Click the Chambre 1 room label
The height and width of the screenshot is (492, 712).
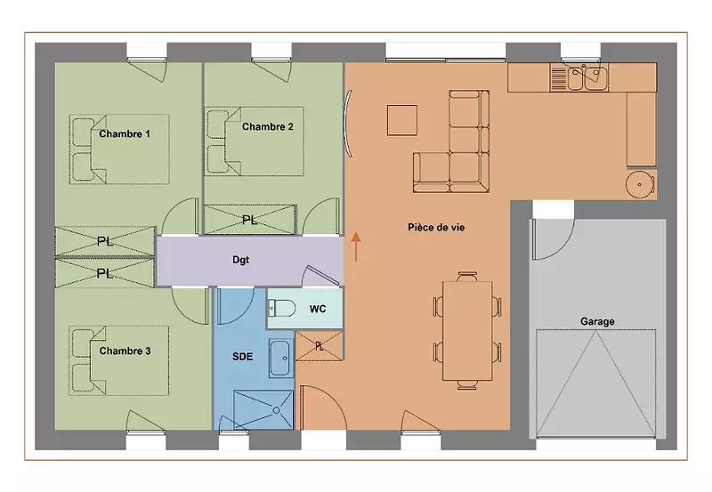125,133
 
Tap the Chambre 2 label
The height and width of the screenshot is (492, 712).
268,126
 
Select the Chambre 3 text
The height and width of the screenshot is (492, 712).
125,351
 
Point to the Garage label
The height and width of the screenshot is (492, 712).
597,321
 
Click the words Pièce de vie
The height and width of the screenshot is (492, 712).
436,228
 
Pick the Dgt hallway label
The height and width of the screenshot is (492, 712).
240,260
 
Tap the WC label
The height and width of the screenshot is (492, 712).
318,309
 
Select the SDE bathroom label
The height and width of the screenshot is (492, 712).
242,357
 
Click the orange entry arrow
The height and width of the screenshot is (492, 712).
356,247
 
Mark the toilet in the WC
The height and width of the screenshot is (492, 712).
281,309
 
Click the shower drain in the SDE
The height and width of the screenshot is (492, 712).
277,410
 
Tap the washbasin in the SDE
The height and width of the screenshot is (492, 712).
279,358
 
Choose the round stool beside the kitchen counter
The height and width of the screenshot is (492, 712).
640,185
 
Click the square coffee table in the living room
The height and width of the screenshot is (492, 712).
402,120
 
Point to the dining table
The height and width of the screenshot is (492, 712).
467,331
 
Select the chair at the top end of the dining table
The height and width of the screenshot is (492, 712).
467,277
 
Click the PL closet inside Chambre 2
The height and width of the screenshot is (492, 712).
250,220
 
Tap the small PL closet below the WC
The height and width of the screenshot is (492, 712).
320,346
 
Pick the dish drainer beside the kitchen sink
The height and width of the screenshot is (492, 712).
558,77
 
